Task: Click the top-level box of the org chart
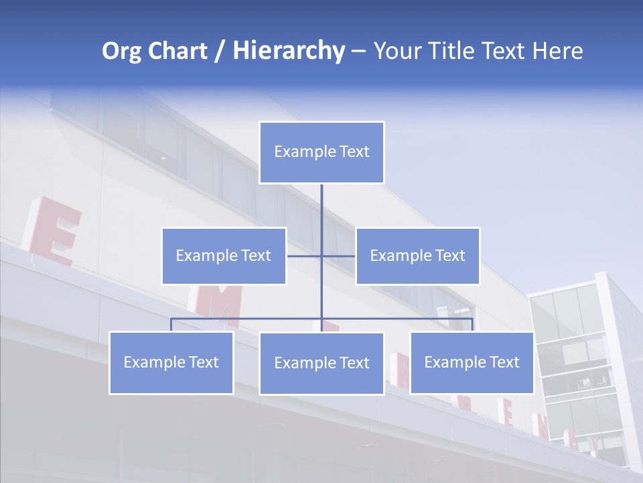coord(321,152)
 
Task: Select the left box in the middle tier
coord(224,256)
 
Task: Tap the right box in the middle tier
coord(417,256)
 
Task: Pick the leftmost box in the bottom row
coord(171,362)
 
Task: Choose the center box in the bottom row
coord(321,363)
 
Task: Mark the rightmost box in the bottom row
coord(472,362)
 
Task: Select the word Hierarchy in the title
coord(288,51)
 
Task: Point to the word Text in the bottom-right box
coord(504,362)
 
